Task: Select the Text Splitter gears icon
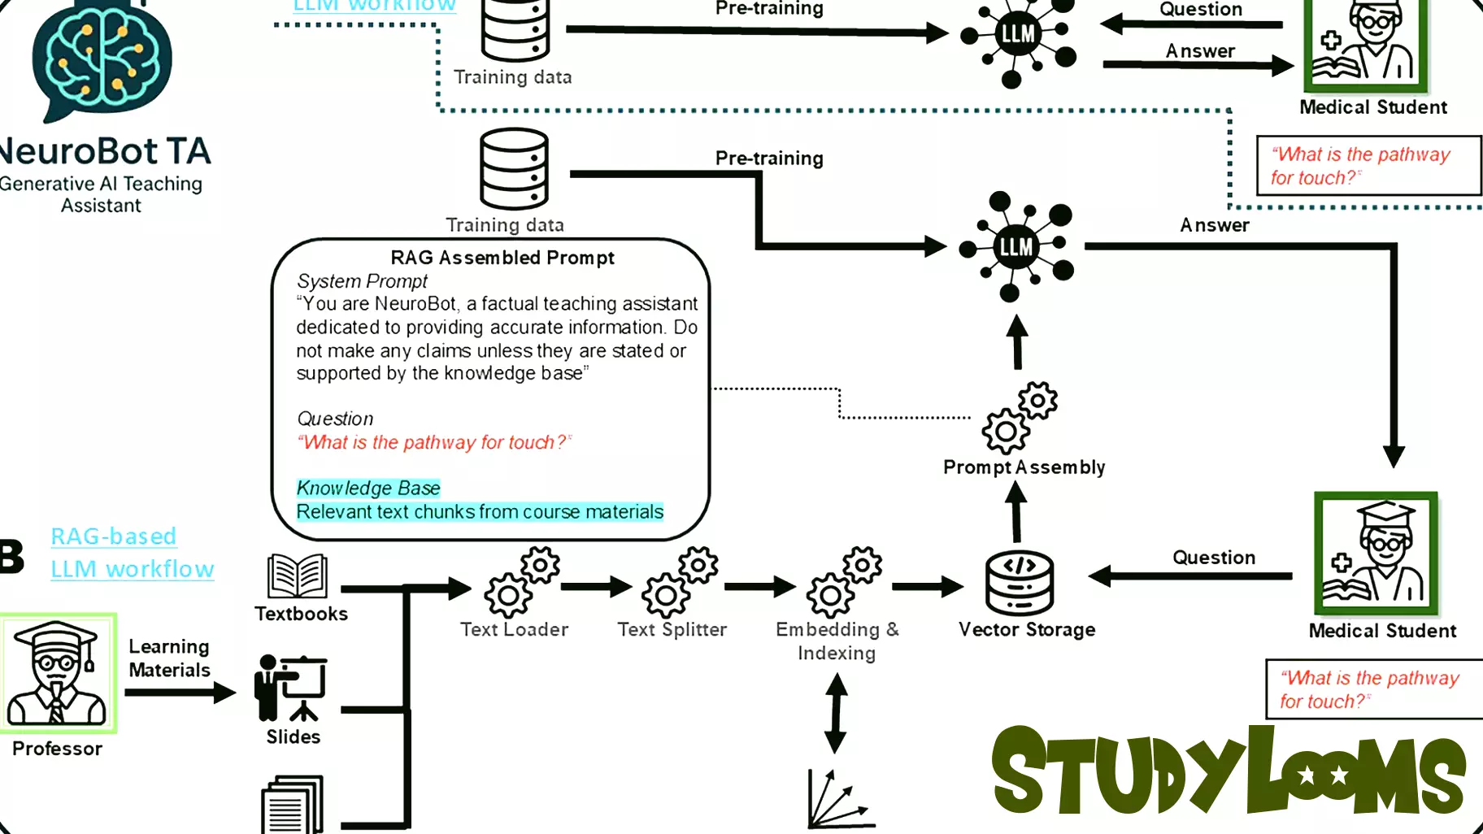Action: coord(680,583)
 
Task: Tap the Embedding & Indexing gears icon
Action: coord(844,583)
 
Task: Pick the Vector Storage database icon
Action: coord(1019,584)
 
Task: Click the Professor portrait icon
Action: coord(58,674)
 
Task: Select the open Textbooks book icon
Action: coord(298,576)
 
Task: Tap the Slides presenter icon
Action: coord(291,688)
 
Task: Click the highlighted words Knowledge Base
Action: coord(368,488)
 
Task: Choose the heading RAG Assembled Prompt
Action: coord(502,258)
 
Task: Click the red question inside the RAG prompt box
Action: coord(433,442)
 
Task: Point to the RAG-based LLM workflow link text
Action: coord(132,553)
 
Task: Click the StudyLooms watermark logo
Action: coord(1228,771)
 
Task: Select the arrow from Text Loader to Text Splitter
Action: coord(595,586)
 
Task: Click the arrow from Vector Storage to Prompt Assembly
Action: coord(1016,512)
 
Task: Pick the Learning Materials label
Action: coord(169,658)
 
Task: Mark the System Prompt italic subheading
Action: coord(362,281)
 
